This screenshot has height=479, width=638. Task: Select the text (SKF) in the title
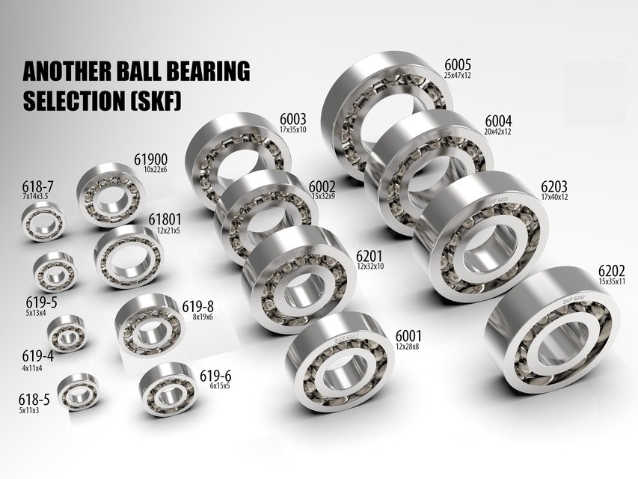pos(158,101)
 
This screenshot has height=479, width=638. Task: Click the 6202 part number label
pos(612,272)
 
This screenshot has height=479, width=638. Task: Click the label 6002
pos(322,186)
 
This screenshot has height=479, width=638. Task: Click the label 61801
pos(163,219)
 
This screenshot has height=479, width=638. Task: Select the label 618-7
pos(36,186)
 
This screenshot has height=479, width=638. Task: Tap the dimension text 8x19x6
pos(197,317)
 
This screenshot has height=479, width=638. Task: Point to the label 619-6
pos(215,376)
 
